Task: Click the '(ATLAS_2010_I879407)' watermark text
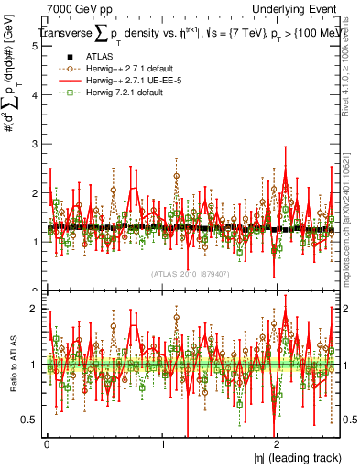[190, 274]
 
